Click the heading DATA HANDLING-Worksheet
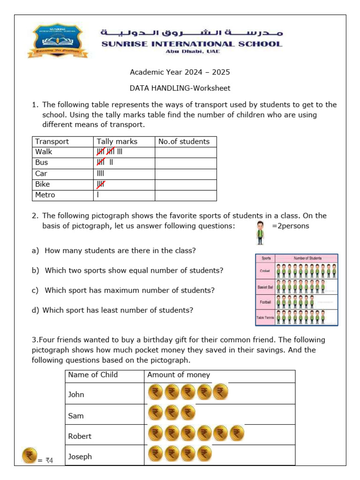pos(180,88)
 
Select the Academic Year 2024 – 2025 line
pos(180,72)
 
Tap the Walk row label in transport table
pos(44,152)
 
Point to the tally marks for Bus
pos(105,163)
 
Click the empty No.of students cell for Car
pos(186,173)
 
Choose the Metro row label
pos(45,195)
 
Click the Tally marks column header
pos(117,142)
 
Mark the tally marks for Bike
pos(101,184)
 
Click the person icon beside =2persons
pos(260,233)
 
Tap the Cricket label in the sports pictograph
pos(265,271)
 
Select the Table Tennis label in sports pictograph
pos(265,317)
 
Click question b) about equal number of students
pos(127,270)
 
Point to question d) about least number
pos(112,310)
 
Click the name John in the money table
pos(76,395)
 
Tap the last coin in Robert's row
pos(237,434)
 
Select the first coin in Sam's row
pos(156,413)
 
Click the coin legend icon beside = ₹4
pos(30,456)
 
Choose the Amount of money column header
pos(179,375)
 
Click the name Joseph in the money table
pos(80,457)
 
